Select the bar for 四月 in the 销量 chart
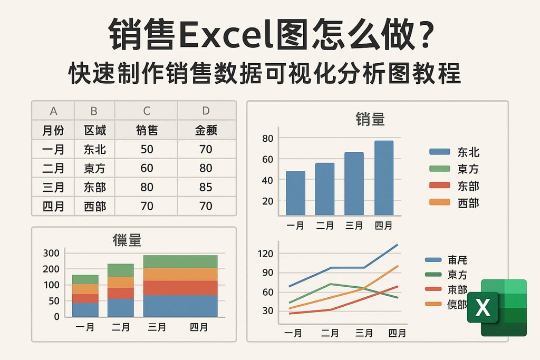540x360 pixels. [x=384, y=178]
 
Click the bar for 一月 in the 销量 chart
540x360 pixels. [x=295, y=193]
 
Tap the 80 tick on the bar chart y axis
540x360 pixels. [x=267, y=138]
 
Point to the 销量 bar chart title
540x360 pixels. [x=370, y=119]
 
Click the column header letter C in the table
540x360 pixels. [x=147, y=111]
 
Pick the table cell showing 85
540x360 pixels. [x=206, y=187]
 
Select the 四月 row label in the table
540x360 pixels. [x=53, y=206]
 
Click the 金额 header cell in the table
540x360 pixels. [x=206, y=130]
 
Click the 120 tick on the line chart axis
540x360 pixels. [x=266, y=254]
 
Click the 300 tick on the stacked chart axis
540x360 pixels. [x=51, y=253]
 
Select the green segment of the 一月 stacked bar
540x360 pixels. [x=85, y=279]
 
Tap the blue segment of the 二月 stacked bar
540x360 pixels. [x=121, y=308]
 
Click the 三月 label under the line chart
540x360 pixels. [x=364, y=333]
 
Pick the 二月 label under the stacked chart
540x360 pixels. [x=121, y=327]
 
